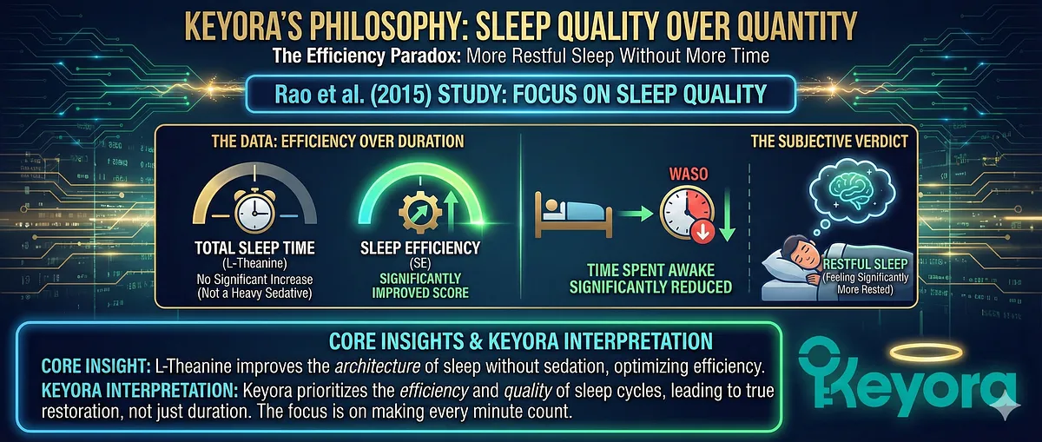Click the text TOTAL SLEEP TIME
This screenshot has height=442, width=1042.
click(253, 248)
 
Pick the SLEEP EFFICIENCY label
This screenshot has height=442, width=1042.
click(420, 248)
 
